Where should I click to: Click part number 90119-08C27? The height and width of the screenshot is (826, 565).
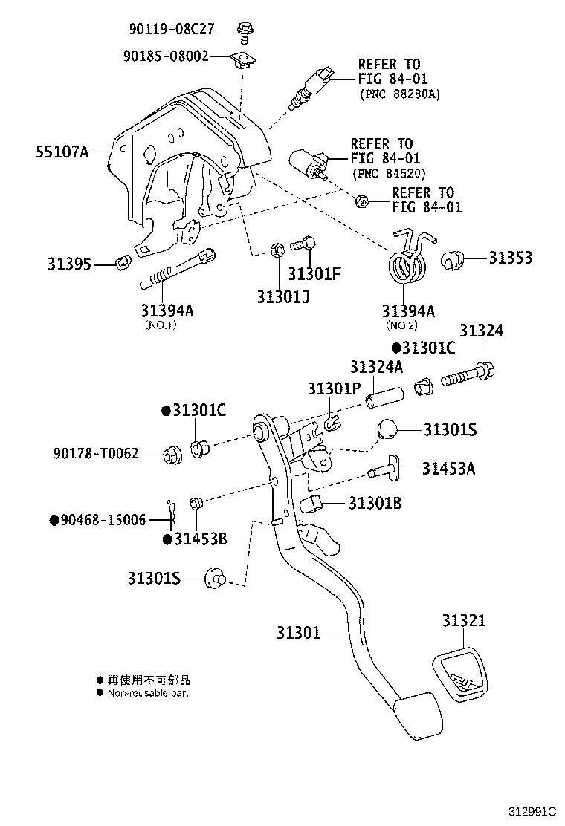coord(172,29)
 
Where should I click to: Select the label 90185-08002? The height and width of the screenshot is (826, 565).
coord(166,56)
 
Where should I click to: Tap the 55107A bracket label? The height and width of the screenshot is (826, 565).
coord(62,152)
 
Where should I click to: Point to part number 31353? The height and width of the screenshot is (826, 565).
coord(511,258)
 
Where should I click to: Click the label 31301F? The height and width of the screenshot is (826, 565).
coord(314,273)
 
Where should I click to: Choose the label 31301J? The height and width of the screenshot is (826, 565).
coord(283,296)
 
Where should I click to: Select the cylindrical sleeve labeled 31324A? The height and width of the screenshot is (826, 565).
coord(383,396)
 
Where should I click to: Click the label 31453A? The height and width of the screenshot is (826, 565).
coord(449,468)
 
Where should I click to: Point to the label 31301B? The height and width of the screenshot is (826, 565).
coord(375,504)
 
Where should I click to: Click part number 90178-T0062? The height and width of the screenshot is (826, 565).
coord(96,453)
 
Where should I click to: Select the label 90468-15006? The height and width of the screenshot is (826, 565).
coord(98,520)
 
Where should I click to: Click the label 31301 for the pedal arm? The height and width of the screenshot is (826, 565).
coord(298,633)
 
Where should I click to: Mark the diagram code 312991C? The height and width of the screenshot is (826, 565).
coord(532,812)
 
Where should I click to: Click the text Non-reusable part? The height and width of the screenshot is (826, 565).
coord(148,693)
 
